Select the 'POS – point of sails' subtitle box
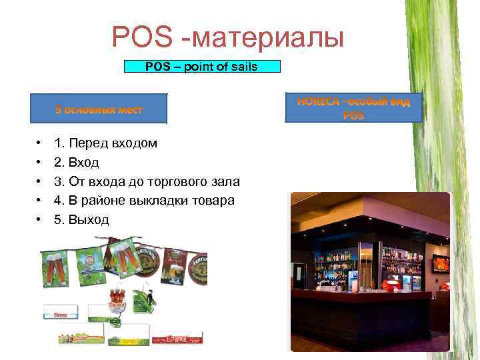point(203,66)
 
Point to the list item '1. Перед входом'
point(106,143)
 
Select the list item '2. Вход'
point(77,162)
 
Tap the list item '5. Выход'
point(81,219)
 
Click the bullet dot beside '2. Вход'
point(39,162)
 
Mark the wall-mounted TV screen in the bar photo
point(441,262)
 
